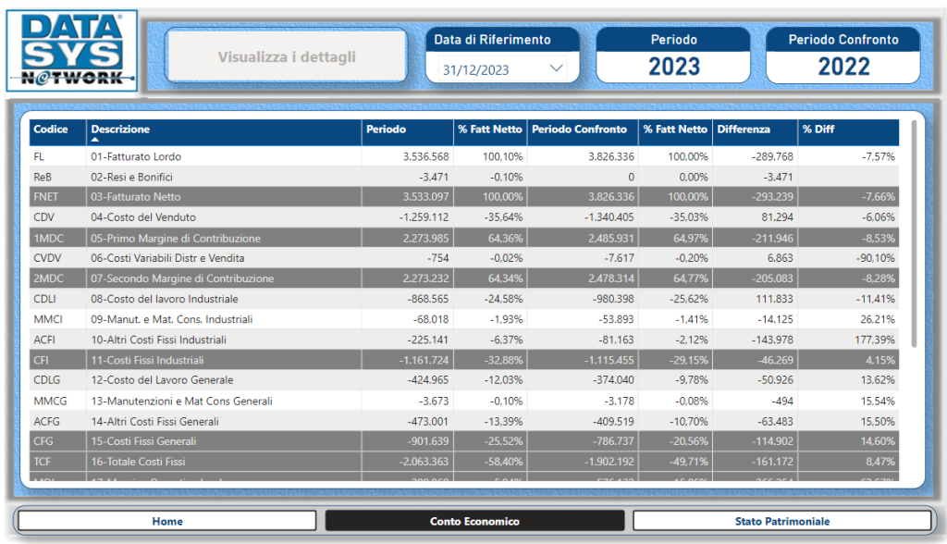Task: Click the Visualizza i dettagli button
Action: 287,56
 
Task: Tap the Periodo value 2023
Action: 673,67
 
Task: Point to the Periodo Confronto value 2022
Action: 843,67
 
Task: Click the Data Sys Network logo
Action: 71,50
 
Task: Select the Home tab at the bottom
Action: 167,521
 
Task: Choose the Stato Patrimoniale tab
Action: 782,521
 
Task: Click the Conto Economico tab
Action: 474,521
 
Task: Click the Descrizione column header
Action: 120,130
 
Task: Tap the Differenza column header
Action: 744,130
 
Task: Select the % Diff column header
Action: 818,130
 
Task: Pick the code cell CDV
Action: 43,217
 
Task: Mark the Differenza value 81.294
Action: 771,217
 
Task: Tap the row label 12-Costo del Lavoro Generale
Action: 162,380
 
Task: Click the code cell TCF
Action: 43,462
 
